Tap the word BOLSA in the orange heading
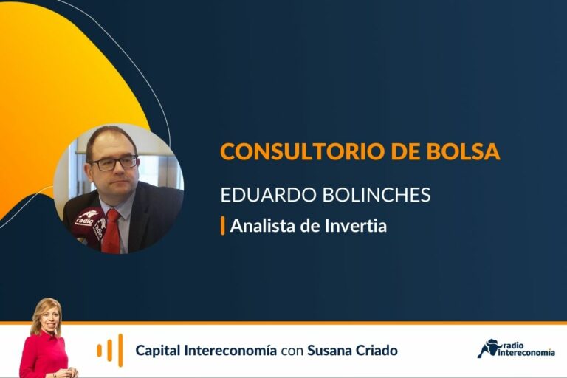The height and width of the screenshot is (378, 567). pyautogui.click(x=463, y=151)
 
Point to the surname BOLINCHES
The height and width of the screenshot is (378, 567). pyautogui.click(x=376, y=194)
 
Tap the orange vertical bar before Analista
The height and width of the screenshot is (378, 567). pyautogui.click(x=223, y=226)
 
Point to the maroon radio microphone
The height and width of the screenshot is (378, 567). pyautogui.click(x=89, y=225)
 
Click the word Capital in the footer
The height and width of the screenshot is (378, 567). pyautogui.click(x=157, y=351)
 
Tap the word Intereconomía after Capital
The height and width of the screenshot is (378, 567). pyautogui.click(x=230, y=350)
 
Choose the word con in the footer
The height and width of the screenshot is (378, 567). pyautogui.click(x=292, y=351)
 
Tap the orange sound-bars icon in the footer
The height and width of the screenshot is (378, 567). pyautogui.click(x=110, y=350)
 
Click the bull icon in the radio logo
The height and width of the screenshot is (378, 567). pyautogui.click(x=487, y=348)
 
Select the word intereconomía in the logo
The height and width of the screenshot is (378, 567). pyautogui.click(x=526, y=352)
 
